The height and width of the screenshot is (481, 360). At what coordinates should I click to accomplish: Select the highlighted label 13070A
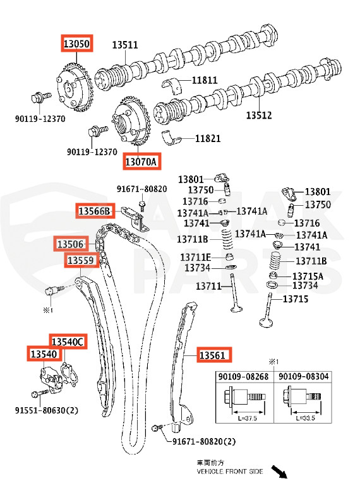(141, 162)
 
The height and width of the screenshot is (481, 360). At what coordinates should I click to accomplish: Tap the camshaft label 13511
(125, 45)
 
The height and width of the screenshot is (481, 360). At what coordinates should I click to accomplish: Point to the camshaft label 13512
(259, 116)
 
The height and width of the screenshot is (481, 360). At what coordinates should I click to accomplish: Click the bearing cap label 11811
(205, 80)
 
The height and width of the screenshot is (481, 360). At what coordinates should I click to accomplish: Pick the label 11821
(208, 138)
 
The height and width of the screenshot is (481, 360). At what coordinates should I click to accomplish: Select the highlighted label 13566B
(94, 211)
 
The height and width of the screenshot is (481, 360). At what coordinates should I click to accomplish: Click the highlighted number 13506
(71, 244)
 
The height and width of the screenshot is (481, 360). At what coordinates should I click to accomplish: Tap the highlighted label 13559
(81, 259)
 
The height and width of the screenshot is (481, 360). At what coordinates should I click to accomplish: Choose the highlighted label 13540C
(68, 341)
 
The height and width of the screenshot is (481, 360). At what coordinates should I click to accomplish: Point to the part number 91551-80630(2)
(47, 410)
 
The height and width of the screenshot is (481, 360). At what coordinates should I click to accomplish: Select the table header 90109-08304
(303, 376)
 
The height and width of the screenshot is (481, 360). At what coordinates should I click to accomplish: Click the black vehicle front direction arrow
(279, 470)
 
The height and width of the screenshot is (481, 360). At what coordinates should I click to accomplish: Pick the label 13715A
(307, 276)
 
